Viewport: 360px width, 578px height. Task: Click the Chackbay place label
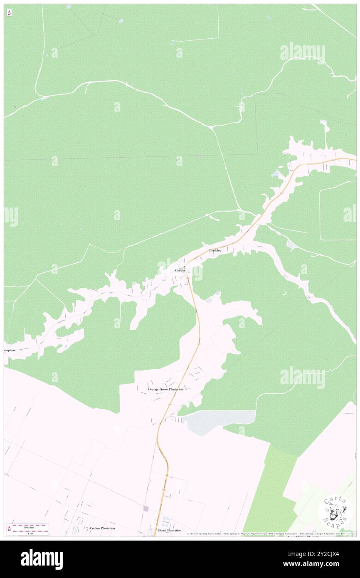tap(215, 250)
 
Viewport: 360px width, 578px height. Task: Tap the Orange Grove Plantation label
tap(165, 389)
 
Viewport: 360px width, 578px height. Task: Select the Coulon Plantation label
tap(102, 528)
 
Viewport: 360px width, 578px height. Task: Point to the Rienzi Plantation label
tap(169, 530)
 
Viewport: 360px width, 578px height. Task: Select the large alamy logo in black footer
tap(42, 559)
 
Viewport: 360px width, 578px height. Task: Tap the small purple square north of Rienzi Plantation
tap(146, 509)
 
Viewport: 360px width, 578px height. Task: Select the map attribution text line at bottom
tap(266, 534)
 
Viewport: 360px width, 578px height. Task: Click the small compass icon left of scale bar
tap(9, 529)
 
